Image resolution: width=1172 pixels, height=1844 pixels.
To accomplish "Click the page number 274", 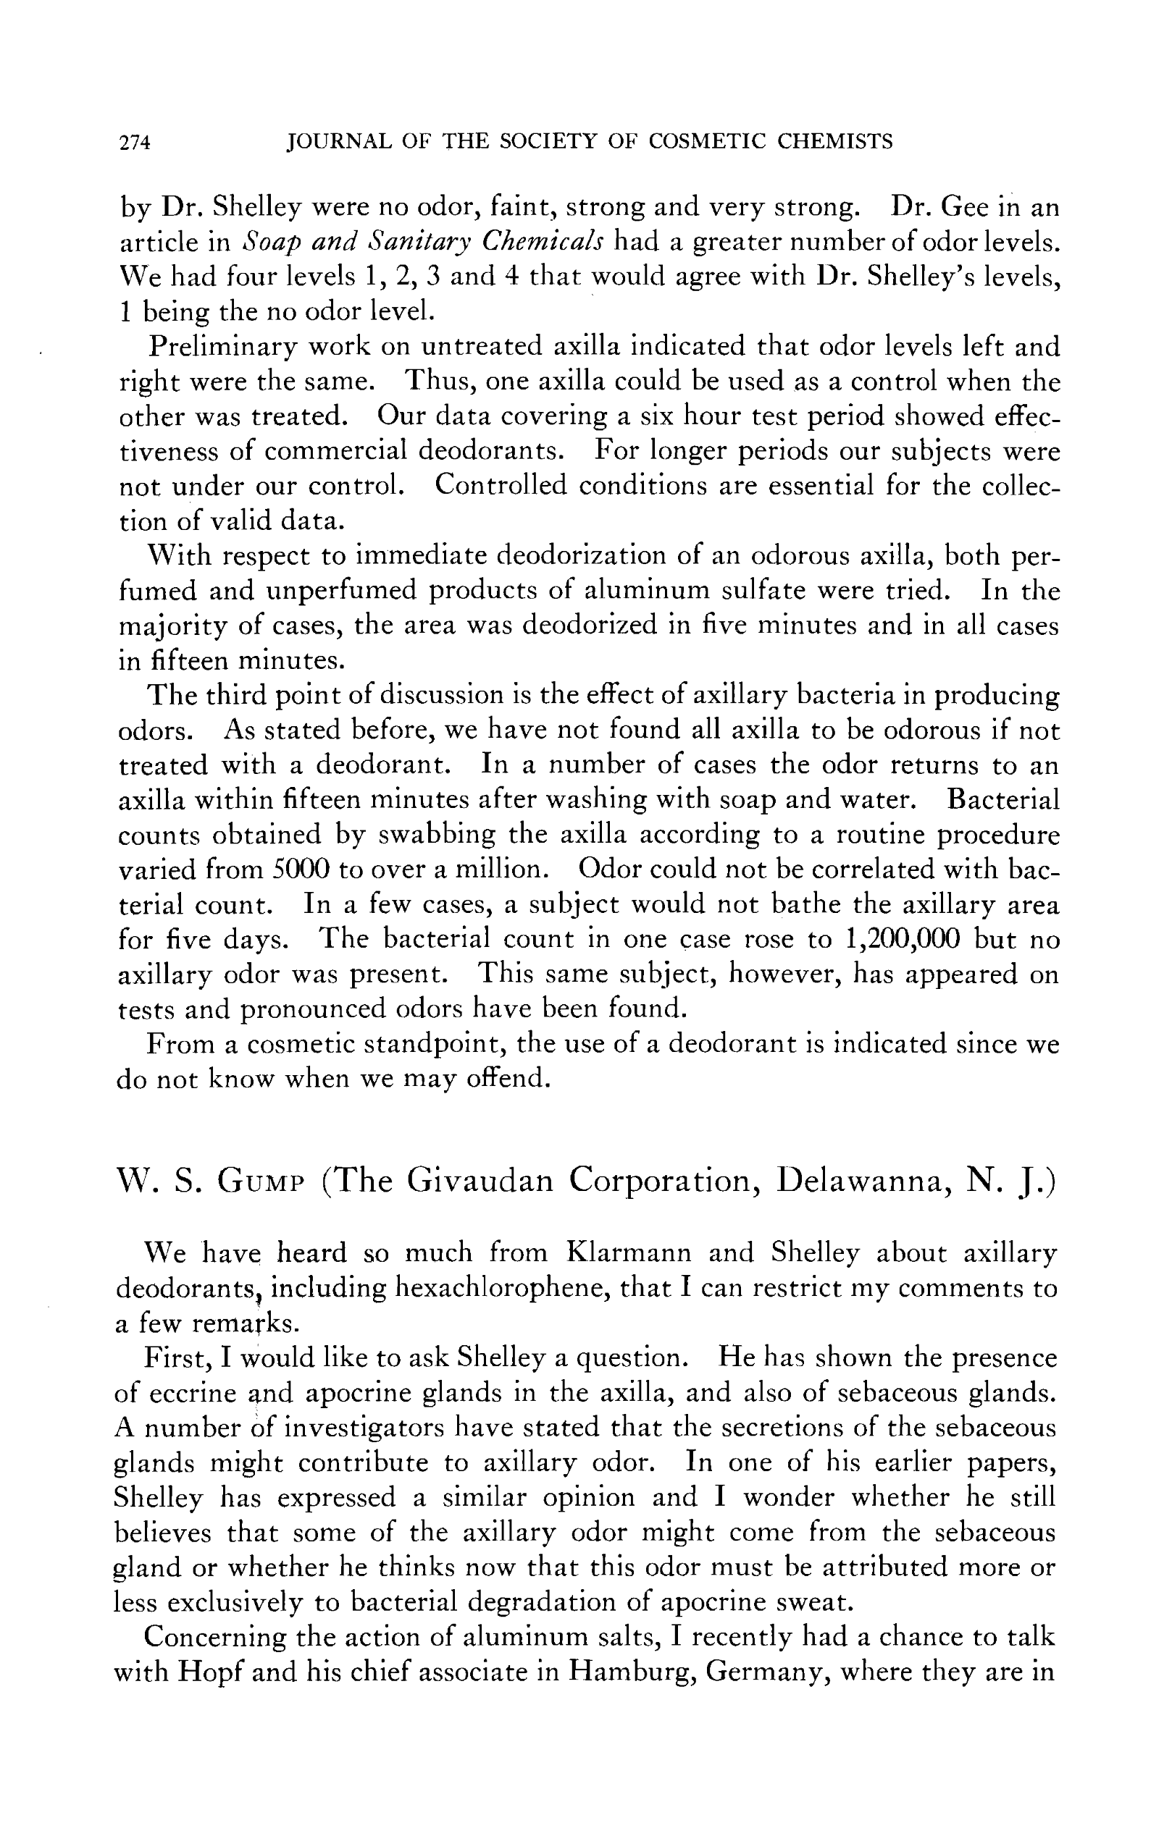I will (x=135, y=143).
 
